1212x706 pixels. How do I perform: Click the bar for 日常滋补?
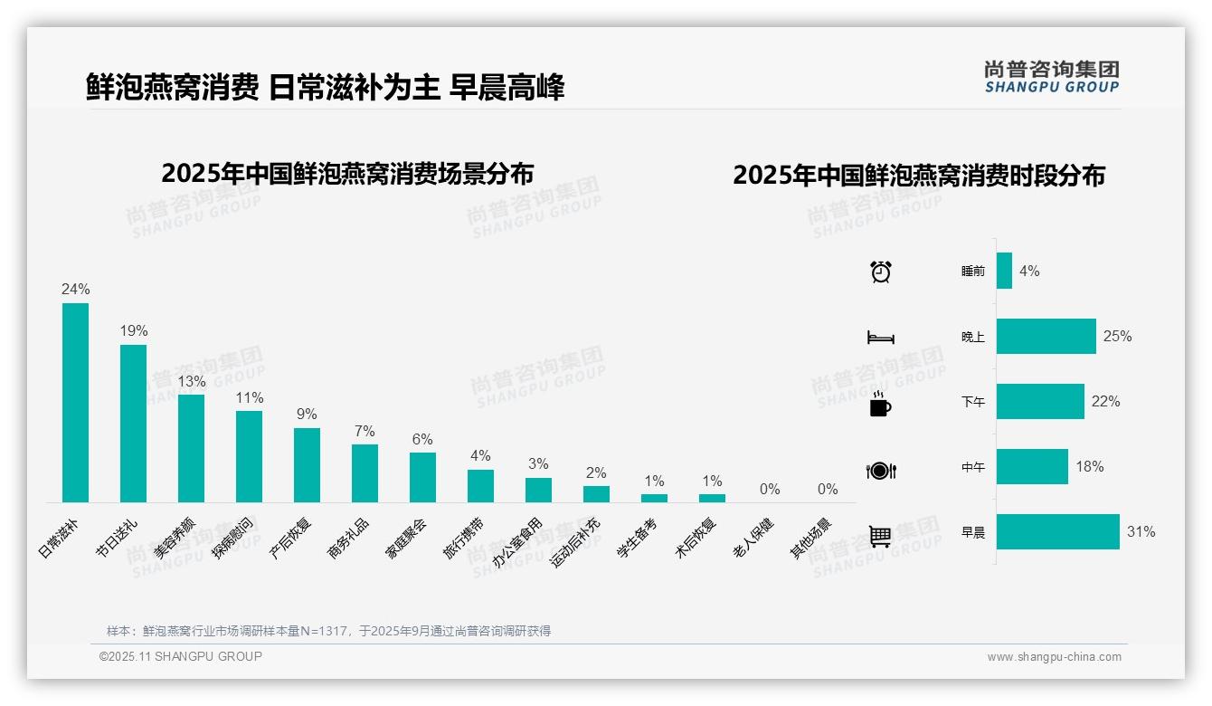coord(75,403)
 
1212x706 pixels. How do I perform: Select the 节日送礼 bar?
coord(133,424)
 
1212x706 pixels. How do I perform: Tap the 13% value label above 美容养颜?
coord(191,381)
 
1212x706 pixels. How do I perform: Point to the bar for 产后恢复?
coord(307,465)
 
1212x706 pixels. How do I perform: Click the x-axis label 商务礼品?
coord(349,538)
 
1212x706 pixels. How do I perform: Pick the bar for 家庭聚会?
coord(422,477)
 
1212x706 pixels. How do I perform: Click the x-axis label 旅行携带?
coord(464,538)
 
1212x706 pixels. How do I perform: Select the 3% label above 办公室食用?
coord(538,463)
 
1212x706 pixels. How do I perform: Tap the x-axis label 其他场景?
coord(810,538)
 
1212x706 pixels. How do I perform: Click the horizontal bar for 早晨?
coord(1057,532)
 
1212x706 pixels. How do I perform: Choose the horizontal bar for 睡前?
coord(1004,271)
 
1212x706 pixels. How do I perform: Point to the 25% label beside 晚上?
coord(1117,337)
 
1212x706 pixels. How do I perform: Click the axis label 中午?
coord(973,467)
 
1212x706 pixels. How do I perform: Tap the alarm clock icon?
coord(881,272)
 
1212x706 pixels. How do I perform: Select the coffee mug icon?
coord(880,405)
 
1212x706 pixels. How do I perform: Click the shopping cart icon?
coord(880,536)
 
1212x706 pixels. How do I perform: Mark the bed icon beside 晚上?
coord(880,338)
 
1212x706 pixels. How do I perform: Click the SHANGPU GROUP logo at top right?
coord(1051,76)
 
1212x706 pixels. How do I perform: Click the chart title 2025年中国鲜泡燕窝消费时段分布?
coord(919,176)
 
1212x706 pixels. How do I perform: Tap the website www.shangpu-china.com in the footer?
coord(1054,657)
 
